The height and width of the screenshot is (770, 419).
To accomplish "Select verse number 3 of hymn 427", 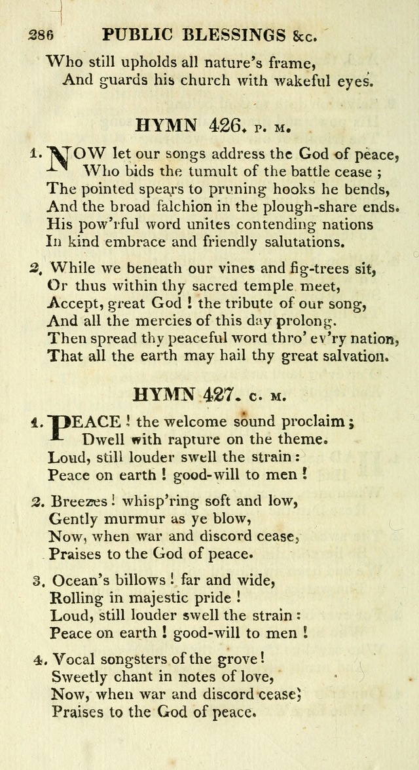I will pos(38,581).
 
